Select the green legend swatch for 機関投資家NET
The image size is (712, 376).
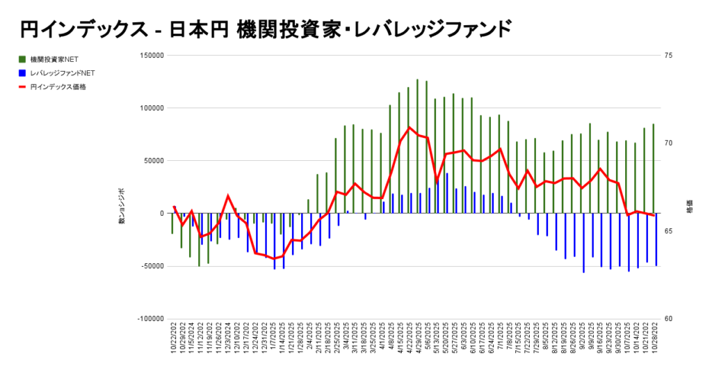click(x=22, y=59)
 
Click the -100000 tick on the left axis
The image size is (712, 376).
click(x=149, y=319)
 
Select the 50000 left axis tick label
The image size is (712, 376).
click(x=152, y=161)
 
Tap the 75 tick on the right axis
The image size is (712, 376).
click(x=668, y=56)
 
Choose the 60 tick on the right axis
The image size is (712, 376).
click(x=668, y=319)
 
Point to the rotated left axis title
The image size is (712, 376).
click(x=121, y=206)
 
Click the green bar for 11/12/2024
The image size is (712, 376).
click(x=199, y=240)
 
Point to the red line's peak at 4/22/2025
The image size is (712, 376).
click(x=410, y=127)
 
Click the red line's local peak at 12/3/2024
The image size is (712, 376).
click(x=228, y=196)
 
